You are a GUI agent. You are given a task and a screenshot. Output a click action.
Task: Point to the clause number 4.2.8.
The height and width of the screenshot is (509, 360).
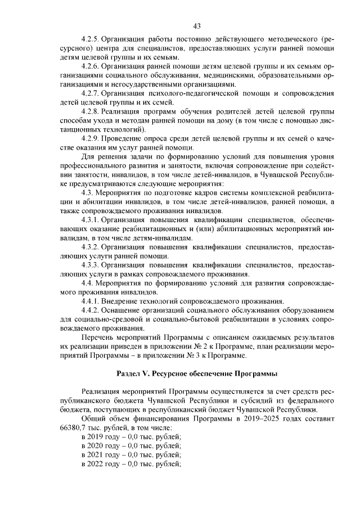[x=91, y=112]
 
